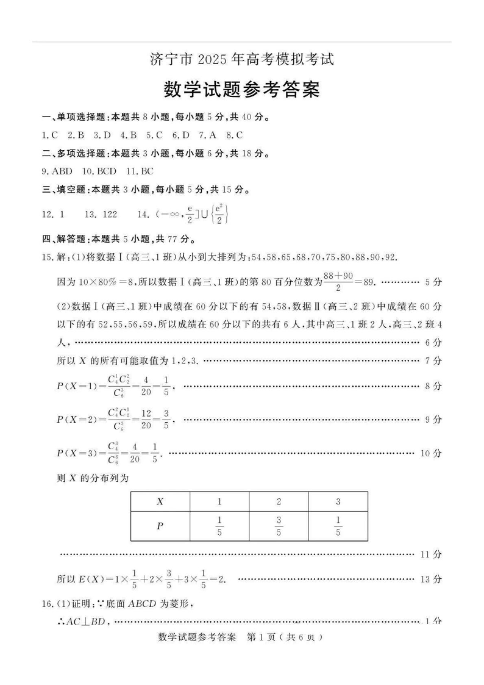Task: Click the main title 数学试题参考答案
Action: point(242,90)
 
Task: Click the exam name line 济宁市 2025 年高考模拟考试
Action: point(242,60)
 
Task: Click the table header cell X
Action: point(160,502)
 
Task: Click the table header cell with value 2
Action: point(279,502)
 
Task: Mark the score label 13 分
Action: point(431,579)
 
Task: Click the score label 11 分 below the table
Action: point(431,554)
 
